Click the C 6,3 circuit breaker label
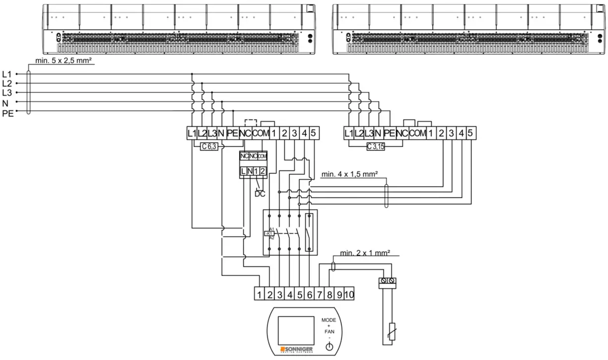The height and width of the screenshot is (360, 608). pos(209,146)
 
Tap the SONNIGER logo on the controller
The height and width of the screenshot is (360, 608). pos(296,350)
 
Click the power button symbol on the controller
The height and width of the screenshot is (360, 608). pos(329,347)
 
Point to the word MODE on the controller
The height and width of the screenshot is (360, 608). pos(329,320)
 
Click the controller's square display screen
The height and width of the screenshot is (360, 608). pos(296,330)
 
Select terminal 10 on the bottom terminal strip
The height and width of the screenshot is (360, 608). pos(348,294)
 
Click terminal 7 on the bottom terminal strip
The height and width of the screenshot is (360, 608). pos(320,294)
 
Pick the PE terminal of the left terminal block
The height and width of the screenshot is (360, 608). pos(232,133)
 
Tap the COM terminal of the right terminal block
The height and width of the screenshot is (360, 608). pos(418,133)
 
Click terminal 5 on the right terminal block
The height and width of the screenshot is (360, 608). pos(471,133)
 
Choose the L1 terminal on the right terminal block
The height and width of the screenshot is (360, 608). pos(349,133)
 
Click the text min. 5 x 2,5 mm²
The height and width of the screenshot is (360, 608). pos(64,61)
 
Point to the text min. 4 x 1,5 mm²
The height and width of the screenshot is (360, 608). pos(349,174)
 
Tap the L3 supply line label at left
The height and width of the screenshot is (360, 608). pos(7,93)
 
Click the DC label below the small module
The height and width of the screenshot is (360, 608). pos(260,194)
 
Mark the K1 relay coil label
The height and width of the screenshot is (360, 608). pos(270,233)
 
